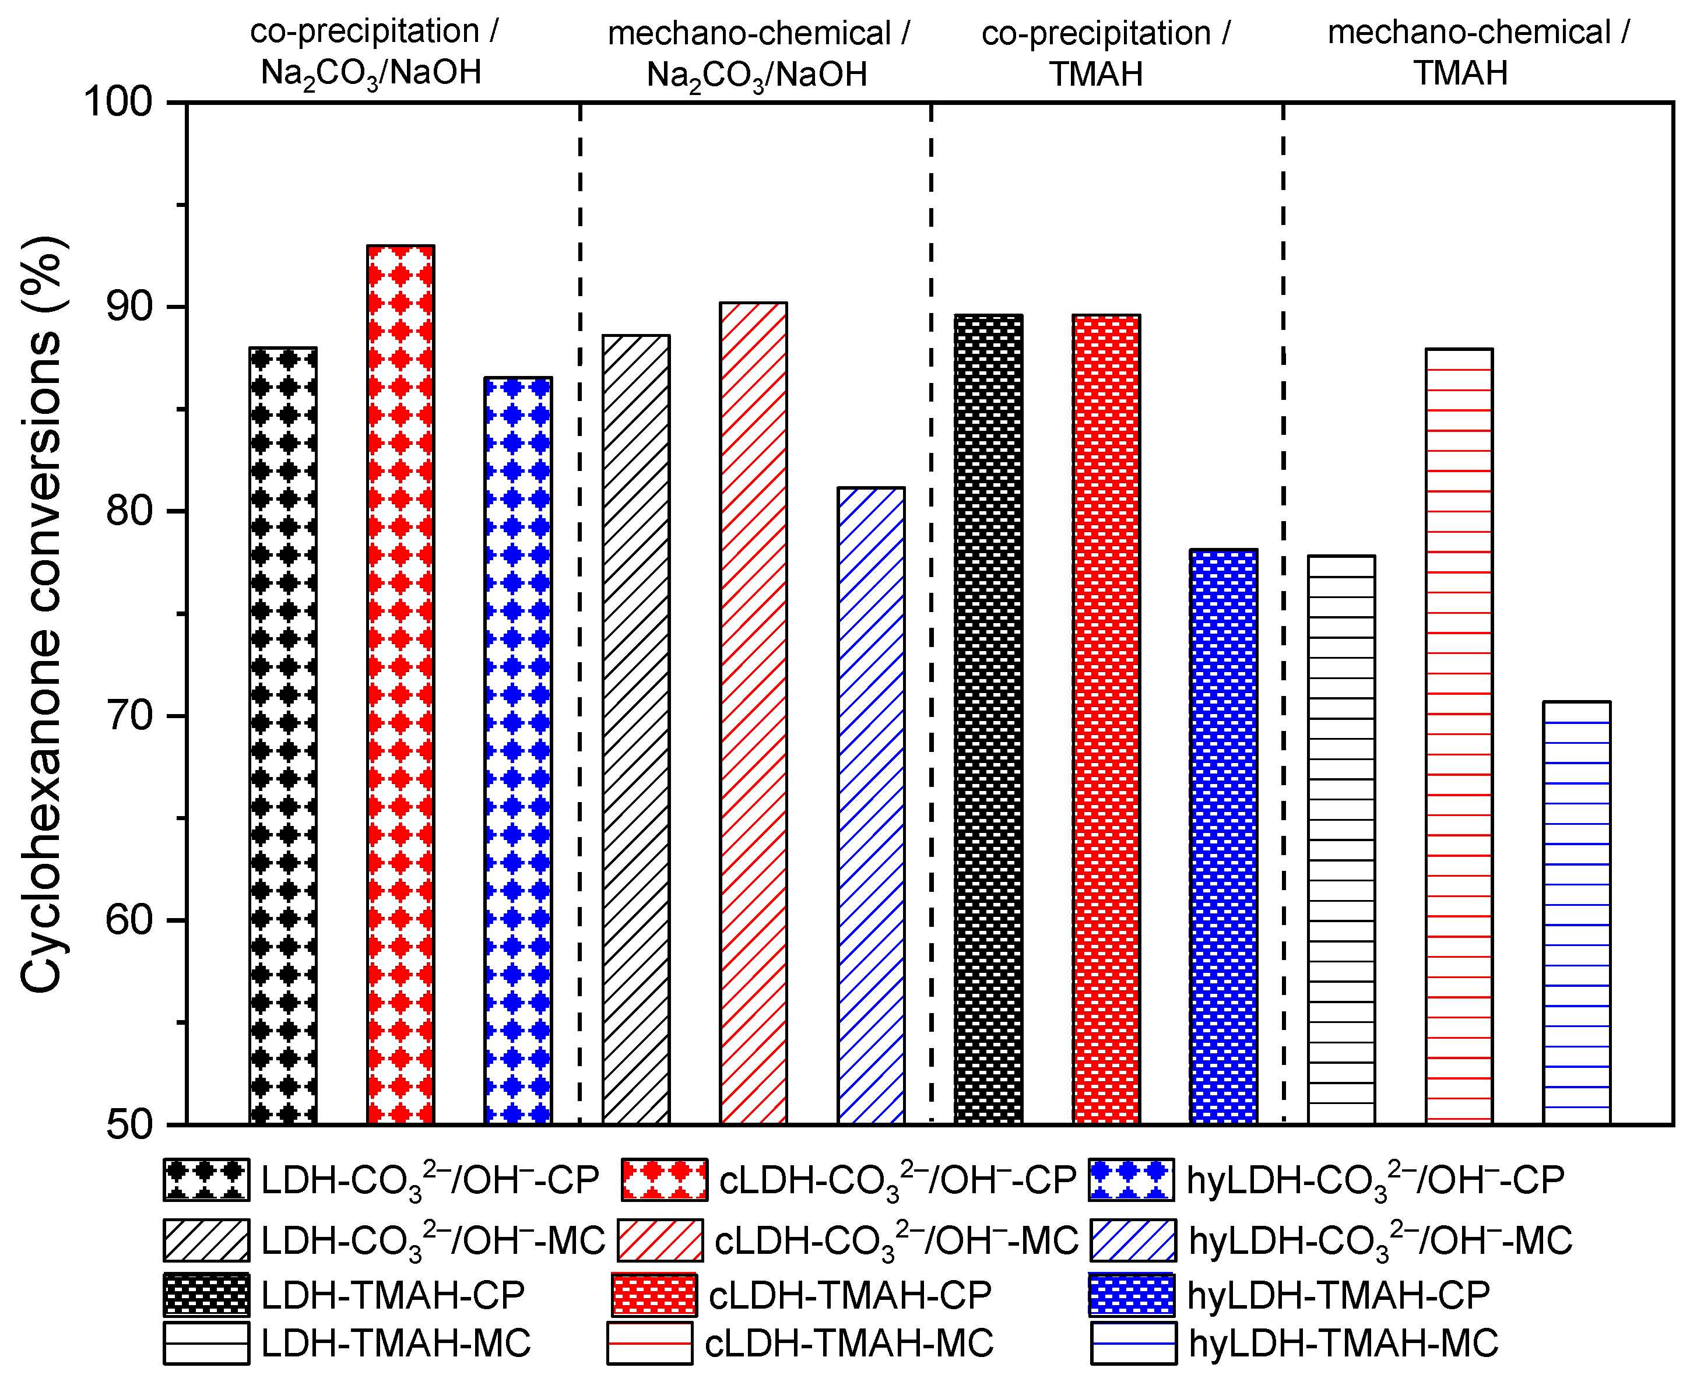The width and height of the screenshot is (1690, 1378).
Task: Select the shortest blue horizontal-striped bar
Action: tap(1576, 913)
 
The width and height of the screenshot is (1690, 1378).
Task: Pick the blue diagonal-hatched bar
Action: tap(871, 806)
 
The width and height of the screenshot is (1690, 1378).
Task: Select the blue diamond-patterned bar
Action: tap(518, 750)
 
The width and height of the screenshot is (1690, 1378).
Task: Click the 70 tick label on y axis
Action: tap(129, 716)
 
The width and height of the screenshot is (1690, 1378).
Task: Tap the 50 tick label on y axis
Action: tap(129, 1125)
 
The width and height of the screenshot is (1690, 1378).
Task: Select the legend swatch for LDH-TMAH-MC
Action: tap(206, 1344)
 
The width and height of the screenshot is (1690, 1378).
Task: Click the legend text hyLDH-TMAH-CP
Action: tap(1338, 1295)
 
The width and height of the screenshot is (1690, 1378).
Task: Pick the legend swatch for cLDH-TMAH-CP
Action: tap(655, 1295)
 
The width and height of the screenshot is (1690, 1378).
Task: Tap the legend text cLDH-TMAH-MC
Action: tap(849, 1344)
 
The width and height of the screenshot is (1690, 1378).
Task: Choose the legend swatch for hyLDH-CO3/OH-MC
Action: tap(1132, 1240)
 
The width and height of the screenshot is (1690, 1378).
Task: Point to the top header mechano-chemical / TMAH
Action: tap(1477, 52)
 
